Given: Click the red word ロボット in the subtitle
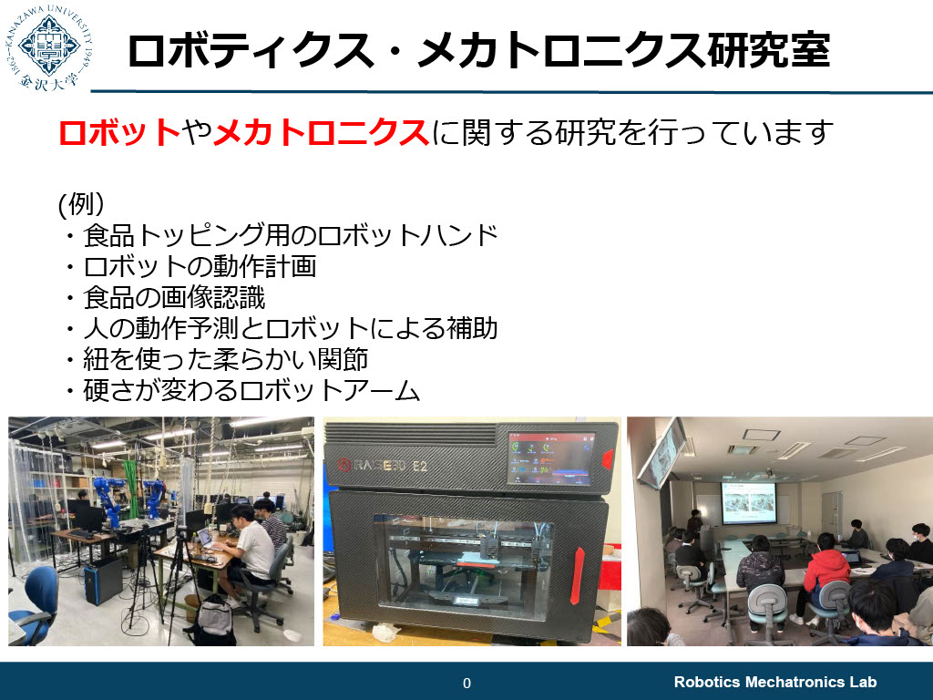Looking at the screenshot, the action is click(x=119, y=131).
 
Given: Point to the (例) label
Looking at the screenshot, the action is click(x=81, y=203).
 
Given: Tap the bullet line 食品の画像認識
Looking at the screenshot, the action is click(x=174, y=298).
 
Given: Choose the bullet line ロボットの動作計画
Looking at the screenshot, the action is click(x=200, y=266).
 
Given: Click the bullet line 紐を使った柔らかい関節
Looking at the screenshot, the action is click(x=225, y=359).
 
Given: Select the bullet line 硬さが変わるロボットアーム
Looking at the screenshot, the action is click(x=251, y=390).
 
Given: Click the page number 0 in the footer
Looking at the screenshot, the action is click(x=466, y=683).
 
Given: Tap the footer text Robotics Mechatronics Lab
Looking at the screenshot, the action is click(x=774, y=682).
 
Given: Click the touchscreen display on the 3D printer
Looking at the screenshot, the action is click(x=551, y=458).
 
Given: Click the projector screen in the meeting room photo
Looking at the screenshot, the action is click(x=749, y=502).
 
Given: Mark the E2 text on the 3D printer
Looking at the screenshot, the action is click(x=419, y=466).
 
